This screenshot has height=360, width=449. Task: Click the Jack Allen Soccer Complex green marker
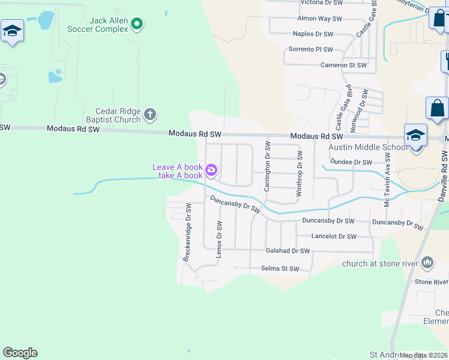point(137,24)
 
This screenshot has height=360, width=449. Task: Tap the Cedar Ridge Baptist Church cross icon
point(150,113)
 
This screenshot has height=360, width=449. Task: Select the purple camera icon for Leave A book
point(211,170)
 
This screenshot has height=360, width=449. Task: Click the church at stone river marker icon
point(427,262)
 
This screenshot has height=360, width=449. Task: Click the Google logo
point(20,353)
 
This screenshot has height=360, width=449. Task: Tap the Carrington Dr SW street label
point(268,167)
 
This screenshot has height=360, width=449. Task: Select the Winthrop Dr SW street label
point(299,174)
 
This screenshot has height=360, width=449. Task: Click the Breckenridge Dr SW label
point(187,232)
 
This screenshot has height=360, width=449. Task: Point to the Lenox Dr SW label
point(219,239)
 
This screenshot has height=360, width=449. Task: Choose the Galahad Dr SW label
point(288,251)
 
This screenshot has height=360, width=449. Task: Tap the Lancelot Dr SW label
point(334,236)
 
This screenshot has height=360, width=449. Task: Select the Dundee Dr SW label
point(351,162)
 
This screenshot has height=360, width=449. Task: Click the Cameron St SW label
point(343,65)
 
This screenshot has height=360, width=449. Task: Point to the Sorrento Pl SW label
point(311,49)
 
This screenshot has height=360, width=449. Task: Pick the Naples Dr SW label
point(313,34)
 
